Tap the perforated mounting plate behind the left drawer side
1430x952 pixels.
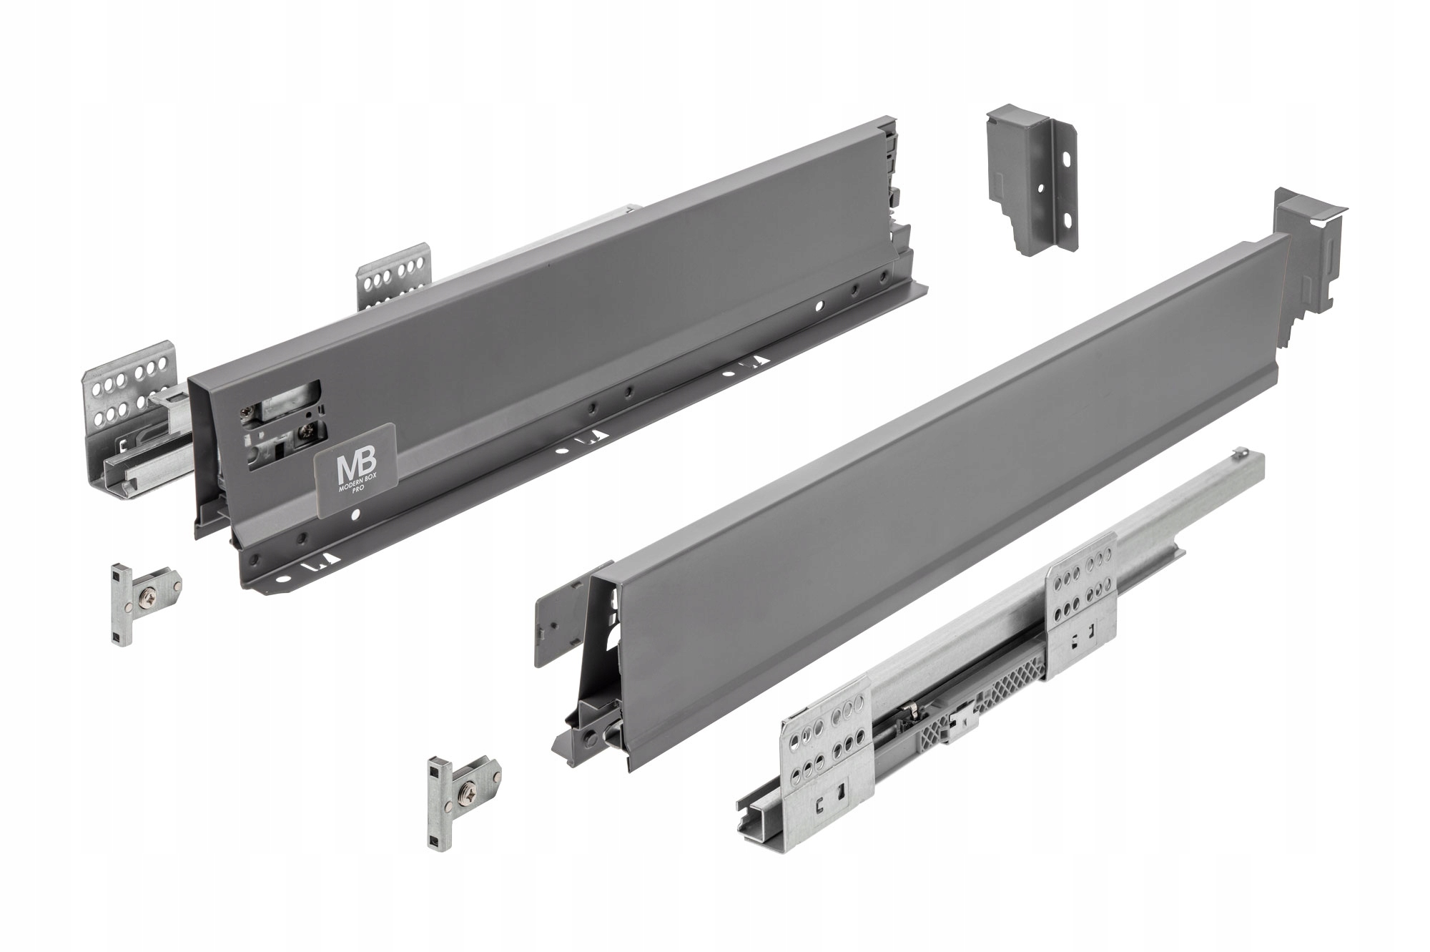click(394, 282)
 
